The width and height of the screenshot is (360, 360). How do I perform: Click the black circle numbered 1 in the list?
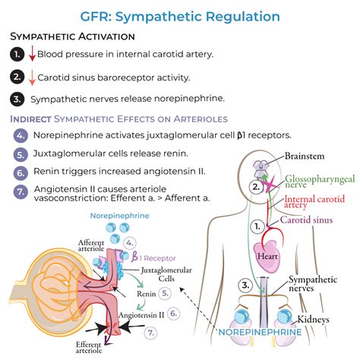pyautogui.click(x=17, y=54)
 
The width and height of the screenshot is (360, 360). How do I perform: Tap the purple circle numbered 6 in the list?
pyautogui.click(x=21, y=173)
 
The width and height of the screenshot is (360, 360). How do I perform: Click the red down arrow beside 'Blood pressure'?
pyautogui.click(x=32, y=54)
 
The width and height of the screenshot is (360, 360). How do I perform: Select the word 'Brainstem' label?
pyautogui.click(x=305, y=156)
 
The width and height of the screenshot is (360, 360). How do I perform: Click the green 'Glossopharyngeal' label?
pyautogui.click(x=320, y=179)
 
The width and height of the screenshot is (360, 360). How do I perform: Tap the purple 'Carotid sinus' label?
pyautogui.click(x=306, y=219)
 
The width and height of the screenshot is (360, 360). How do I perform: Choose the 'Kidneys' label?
pyautogui.click(x=313, y=319)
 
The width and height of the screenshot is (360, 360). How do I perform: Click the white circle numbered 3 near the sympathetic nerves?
pyautogui.click(x=245, y=286)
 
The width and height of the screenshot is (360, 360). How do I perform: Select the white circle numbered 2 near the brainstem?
pyautogui.click(x=256, y=188)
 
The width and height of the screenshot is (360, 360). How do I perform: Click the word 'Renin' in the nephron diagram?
pyautogui.click(x=147, y=294)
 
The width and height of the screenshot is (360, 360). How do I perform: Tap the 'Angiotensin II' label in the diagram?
pyautogui.click(x=141, y=315)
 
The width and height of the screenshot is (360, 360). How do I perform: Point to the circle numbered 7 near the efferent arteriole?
pyautogui.click(x=150, y=333)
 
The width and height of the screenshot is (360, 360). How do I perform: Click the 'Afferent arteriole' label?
pyautogui.click(x=91, y=245)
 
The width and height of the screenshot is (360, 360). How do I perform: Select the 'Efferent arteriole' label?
pyautogui.click(x=89, y=347)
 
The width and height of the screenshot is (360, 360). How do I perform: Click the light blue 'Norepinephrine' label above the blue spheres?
pyautogui.click(x=120, y=216)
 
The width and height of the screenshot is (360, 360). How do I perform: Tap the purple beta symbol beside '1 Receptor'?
pyautogui.click(x=134, y=257)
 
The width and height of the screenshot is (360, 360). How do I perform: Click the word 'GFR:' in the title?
pyautogui.click(x=96, y=17)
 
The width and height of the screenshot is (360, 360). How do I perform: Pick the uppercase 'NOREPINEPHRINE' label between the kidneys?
pyautogui.click(x=260, y=332)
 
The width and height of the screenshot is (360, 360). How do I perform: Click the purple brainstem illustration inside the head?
pyautogui.click(x=261, y=169)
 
